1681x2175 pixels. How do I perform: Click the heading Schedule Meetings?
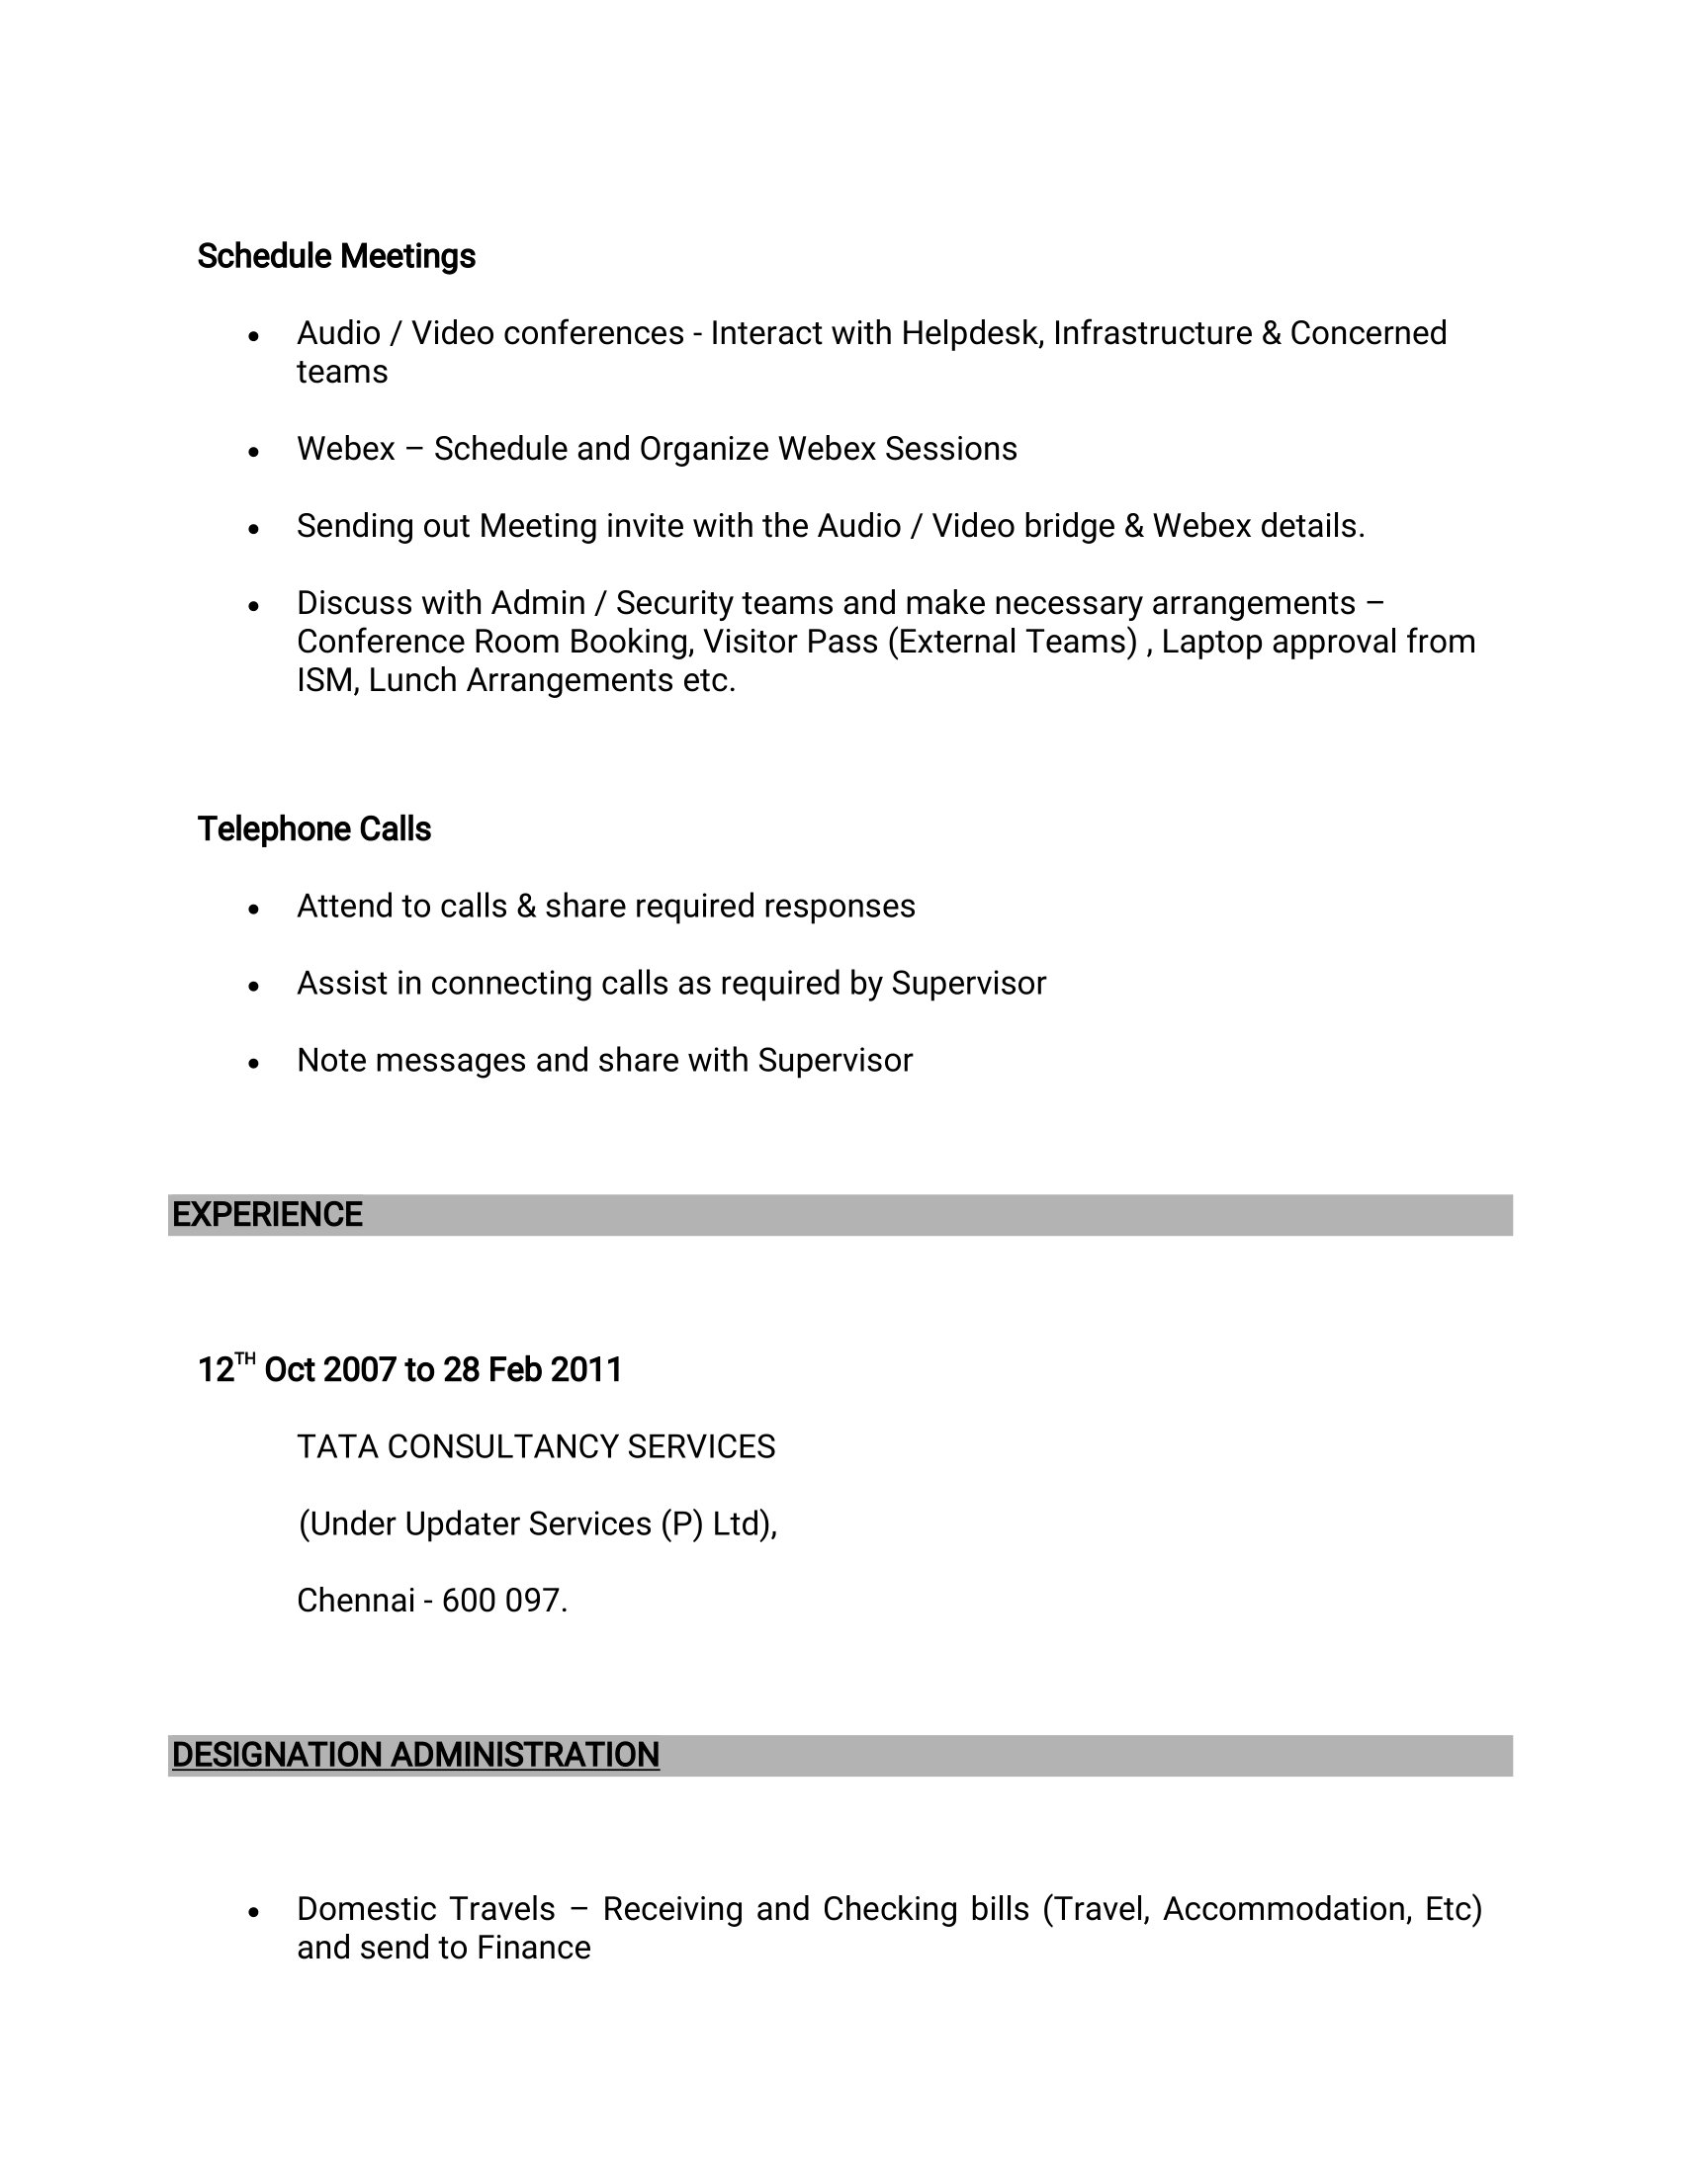[x=335, y=257]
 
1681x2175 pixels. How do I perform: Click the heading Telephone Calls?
[x=313, y=829]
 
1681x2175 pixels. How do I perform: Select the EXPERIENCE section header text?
[x=267, y=1215]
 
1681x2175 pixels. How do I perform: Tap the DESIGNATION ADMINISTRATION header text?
[x=415, y=1755]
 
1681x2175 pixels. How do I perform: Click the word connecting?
[x=511, y=984]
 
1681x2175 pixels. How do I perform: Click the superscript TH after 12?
[x=245, y=1358]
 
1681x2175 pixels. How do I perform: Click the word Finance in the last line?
[x=534, y=1948]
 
